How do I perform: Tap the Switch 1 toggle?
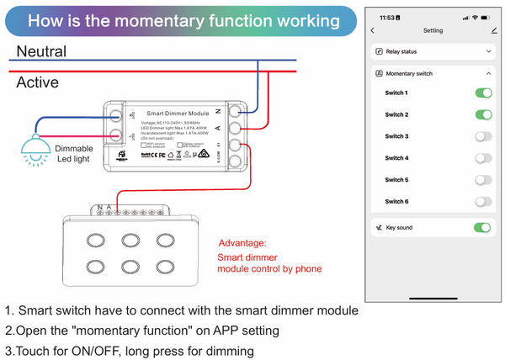(482, 93)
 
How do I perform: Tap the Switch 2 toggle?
(482, 114)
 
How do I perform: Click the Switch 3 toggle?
(482, 136)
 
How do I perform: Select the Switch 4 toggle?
(482, 158)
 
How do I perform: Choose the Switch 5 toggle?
(482, 180)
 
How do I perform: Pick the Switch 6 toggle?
(482, 202)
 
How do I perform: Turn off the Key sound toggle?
(482, 228)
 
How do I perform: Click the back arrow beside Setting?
(373, 30)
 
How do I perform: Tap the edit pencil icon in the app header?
(493, 30)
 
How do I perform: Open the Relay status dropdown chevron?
(489, 51)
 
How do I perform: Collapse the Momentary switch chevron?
(489, 73)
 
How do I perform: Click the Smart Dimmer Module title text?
(178, 112)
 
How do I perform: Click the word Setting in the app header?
(433, 30)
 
